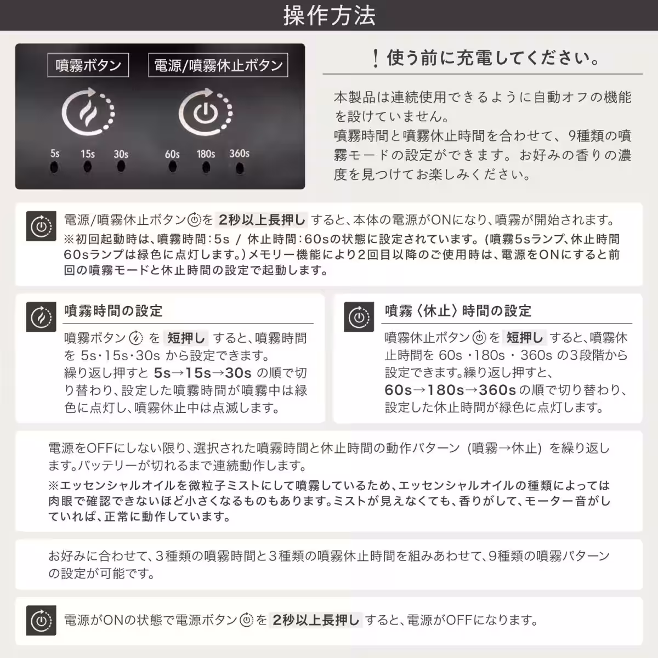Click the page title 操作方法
(329, 15)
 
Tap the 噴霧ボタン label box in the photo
(88, 65)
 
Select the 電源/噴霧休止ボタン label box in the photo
(218, 65)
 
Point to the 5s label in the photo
(55, 154)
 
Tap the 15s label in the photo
(88, 154)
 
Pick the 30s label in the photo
(121, 154)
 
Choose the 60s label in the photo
(172, 154)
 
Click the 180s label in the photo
(206, 154)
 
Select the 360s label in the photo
(239, 154)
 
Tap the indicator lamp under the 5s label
(54, 167)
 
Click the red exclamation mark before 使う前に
(375, 58)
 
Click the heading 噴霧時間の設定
(114, 311)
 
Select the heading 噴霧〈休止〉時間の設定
(458, 311)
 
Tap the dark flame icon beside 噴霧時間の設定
(41, 317)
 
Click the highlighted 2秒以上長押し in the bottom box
(316, 620)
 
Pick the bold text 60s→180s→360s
(450, 390)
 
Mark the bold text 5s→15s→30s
(203, 373)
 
